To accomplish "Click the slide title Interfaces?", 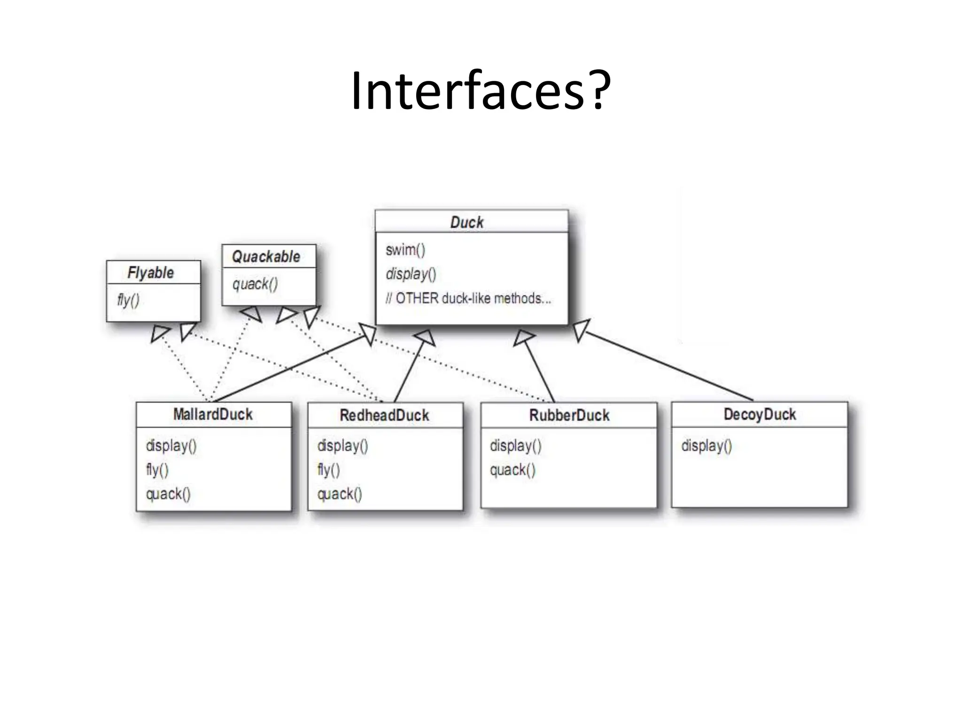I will (x=481, y=91).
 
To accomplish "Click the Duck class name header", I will (x=466, y=222).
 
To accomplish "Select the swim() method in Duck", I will (x=405, y=250).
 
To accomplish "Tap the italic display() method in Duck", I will (x=411, y=274).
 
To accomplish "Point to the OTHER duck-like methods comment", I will (x=468, y=298).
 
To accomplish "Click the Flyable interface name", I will (x=150, y=273).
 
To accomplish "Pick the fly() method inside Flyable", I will (x=128, y=300).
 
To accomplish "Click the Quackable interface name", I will (x=266, y=257).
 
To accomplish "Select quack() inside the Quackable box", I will (x=255, y=284).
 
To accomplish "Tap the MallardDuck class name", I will (x=213, y=414).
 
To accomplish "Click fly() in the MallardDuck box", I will (x=157, y=470).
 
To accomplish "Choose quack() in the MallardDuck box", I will (x=168, y=494).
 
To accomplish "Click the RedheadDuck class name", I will (x=384, y=415).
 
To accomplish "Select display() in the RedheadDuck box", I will (x=342, y=446).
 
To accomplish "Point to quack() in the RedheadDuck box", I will (x=340, y=494).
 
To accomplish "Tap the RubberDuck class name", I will (x=569, y=415).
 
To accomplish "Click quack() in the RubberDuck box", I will (x=512, y=470).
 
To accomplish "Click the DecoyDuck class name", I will (x=760, y=414).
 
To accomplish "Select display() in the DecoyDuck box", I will (x=706, y=446).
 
